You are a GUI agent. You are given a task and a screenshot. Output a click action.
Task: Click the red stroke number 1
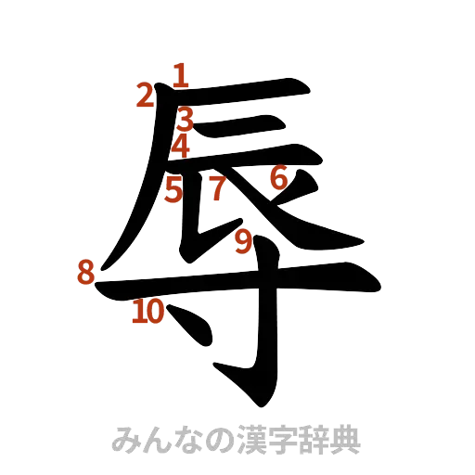pos(181,73)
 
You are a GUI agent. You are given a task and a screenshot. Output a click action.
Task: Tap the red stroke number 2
pos(144,95)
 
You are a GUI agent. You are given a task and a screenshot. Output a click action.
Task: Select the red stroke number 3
pos(186,118)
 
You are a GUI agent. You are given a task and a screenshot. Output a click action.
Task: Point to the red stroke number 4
pos(182,145)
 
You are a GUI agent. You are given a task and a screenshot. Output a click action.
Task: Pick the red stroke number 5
pos(173,191)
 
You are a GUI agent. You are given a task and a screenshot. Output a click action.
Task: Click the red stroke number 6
pos(278,177)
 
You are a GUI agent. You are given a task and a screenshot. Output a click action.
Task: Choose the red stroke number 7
pos(215,189)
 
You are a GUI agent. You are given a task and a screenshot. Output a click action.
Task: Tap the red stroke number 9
pos(242,242)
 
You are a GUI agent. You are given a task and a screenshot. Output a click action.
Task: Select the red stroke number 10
pos(148,312)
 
